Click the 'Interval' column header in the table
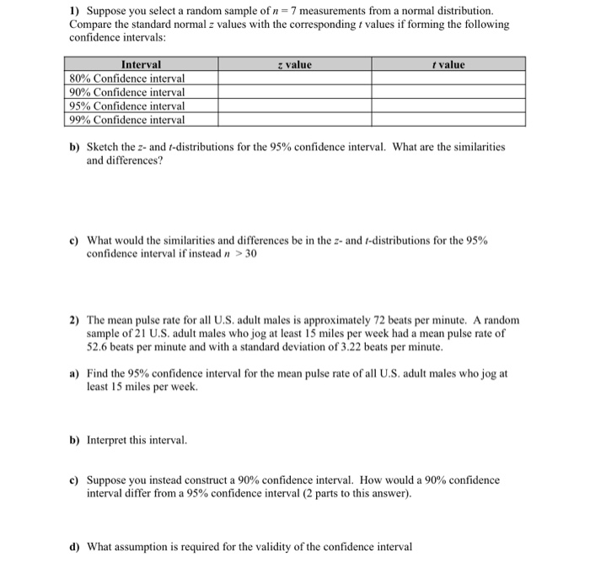tap(141, 64)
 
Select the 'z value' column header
tap(294, 64)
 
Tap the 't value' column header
tap(448, 64)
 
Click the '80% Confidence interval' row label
tap(126, 78)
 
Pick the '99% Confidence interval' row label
tap(126, 120)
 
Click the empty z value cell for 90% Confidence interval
tap(294, 92)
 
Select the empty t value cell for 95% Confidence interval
tap(448, 106)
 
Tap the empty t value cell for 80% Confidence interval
tap(448, 78)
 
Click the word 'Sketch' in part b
tap(105, 146)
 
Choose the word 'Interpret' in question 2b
tap(110, 440)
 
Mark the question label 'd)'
tap(74, 546)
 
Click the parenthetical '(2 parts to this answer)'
tap(344, 493)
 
